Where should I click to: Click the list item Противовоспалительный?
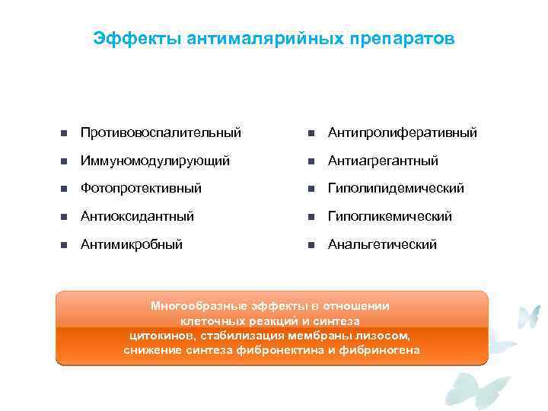[161, 132]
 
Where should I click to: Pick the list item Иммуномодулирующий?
[155, 161]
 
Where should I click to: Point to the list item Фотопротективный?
[142, 188]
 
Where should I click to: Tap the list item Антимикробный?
[132, 244]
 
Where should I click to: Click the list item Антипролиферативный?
[403, 132]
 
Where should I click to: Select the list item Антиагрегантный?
[383, 161]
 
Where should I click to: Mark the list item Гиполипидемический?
[396, 188]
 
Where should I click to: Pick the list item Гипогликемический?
[390, 216]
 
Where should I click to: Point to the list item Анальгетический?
[382, 244]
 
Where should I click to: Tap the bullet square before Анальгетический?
[310, 245]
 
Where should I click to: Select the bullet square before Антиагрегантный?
[310, 162]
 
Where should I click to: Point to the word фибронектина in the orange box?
[283, 349]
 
